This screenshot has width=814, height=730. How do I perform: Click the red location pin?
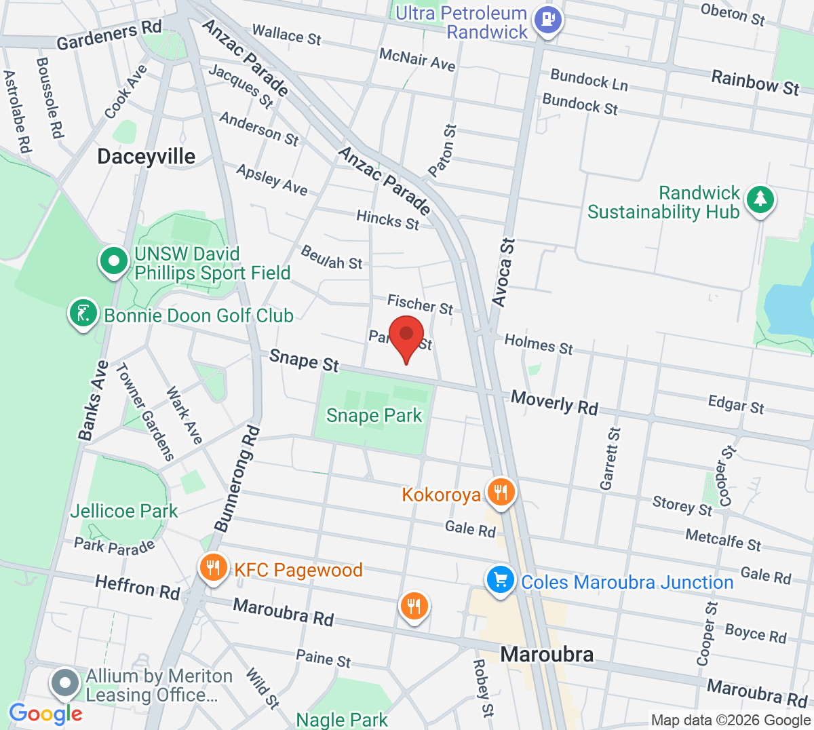406,337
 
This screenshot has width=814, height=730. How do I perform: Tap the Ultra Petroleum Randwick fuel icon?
547,20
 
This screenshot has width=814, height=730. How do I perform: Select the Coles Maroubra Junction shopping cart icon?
501,581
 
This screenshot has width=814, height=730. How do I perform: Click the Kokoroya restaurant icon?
501,493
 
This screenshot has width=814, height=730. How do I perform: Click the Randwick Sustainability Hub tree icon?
760,200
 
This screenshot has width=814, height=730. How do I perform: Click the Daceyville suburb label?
146,157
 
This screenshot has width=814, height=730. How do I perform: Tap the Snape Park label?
374,415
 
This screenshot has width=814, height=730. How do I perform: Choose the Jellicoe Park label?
124,511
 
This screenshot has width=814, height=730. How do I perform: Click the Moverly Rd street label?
554,402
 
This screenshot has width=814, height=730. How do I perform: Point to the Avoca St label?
503,272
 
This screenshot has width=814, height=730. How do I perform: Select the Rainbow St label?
755,83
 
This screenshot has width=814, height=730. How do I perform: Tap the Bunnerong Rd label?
237,478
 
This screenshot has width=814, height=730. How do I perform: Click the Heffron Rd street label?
138,587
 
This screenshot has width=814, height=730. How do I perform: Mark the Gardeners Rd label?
109,35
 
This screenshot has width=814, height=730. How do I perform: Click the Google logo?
45,713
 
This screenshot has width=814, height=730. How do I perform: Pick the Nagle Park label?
342,719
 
